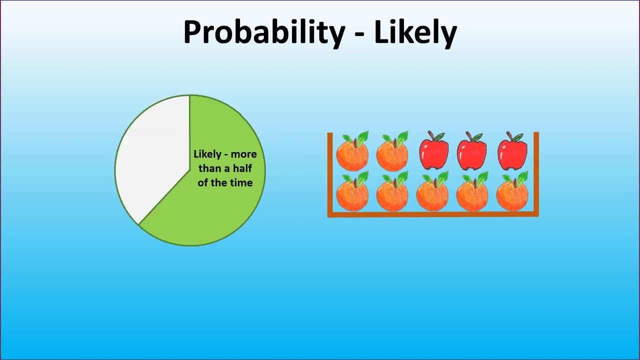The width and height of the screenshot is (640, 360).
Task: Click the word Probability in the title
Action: [264, 32]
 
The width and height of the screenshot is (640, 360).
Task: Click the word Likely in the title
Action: [415, 32]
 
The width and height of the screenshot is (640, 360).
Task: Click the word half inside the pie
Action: [242, 168]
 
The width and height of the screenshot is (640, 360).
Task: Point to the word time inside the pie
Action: [241, 182]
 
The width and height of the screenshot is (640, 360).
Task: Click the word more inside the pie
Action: [243, 154]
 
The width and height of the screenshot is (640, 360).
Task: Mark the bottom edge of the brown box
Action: [433, 214]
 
